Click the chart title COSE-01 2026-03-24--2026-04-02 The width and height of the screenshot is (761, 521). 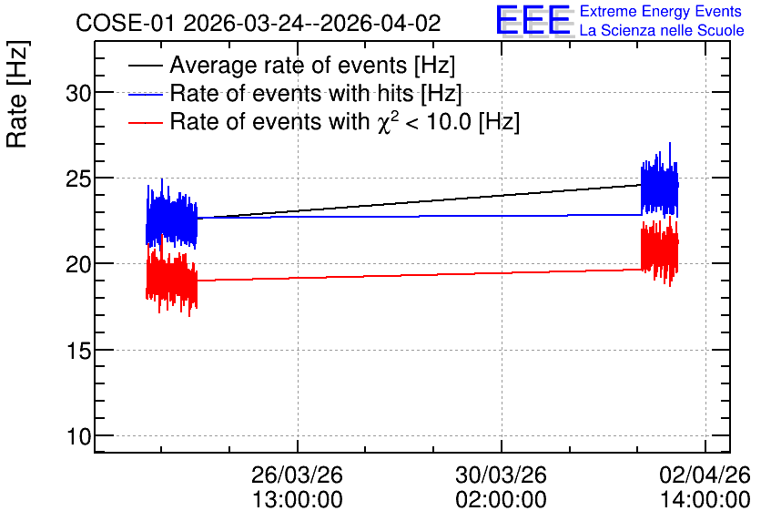259,23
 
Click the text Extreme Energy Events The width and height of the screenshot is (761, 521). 661,11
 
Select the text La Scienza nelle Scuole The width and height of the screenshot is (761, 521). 662,30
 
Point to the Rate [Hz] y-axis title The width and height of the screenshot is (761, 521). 17,94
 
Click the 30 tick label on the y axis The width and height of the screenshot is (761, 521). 78,93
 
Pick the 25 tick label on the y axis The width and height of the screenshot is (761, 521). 78,179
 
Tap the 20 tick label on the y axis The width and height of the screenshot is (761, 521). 78,265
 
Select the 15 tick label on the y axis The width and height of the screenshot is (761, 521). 78,351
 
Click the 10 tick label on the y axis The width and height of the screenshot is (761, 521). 78,436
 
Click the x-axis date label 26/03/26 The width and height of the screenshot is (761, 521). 297,475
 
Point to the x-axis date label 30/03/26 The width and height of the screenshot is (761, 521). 501,475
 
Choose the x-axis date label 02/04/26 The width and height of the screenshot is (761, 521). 705,475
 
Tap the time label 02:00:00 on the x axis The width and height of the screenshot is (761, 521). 501,499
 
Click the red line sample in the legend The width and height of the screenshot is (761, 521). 146,123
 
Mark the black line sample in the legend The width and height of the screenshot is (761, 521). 146,66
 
